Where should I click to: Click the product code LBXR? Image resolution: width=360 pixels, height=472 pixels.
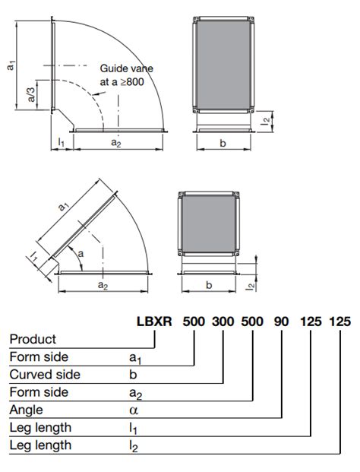[x=154, y=322]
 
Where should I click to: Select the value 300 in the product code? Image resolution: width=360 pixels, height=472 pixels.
[x=223, y=322]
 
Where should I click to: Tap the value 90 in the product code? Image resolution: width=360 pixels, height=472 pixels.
[x=281, y=322]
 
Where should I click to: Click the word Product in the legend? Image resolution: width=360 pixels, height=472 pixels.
[x=33, y=339]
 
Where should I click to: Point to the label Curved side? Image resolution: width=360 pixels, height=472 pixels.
[x=45, y=375]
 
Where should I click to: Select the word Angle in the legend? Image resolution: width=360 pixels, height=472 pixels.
[x=26, y=410]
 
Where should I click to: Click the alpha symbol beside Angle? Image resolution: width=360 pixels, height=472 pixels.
[x=134, y=410]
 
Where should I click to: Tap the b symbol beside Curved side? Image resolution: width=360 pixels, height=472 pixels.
[x=133, y=375]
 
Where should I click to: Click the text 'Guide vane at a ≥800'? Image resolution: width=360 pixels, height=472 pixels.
[x=126, y=75]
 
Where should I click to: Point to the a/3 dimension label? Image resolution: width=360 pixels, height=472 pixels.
[x=31, y=95]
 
